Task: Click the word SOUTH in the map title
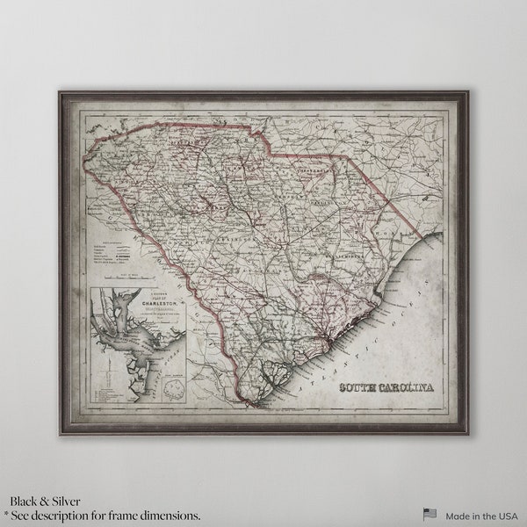coord(361,387)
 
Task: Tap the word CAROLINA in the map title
coord(410,387)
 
